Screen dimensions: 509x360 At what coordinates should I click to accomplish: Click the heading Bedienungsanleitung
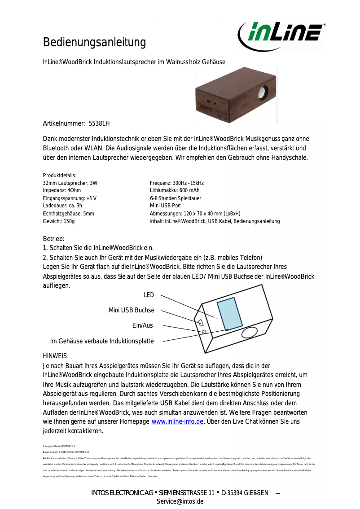pyautogui.click(x=94, y=43)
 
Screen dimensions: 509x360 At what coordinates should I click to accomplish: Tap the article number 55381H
pyautogui.click(x=99, y=123)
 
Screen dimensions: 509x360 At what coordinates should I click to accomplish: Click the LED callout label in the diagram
pyautogui.click(x=149, y=295)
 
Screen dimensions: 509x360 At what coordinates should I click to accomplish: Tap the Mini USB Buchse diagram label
pyautogui.click(x=131, y=310)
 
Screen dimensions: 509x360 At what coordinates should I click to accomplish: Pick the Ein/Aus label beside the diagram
pyautogui.click(x=142, y=325)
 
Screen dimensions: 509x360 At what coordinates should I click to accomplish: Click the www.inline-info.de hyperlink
pyautogui.click(x=178, y=421)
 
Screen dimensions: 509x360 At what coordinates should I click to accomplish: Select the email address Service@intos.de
pyautogui.click(x=180, y=501)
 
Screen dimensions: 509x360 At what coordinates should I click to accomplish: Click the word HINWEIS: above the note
pyautogui.click(x=56, y=355)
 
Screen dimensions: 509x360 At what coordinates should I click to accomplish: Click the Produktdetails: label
pyautogui.click(x=60, y=176)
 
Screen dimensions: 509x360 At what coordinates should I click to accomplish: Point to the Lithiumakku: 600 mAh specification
pyautogui.click(x=175, y=191)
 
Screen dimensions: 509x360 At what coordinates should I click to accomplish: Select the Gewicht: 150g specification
pyautogui.click(x=59, y=221)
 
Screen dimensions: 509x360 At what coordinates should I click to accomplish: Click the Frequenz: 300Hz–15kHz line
pyautogui.click(x=177, y=183)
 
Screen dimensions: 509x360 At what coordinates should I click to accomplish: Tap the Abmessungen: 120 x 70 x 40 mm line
pyautogui.click(x=195, y=214)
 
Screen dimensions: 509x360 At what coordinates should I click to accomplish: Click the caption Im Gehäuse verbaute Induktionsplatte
pyautogui.click(x=102, y=341)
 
